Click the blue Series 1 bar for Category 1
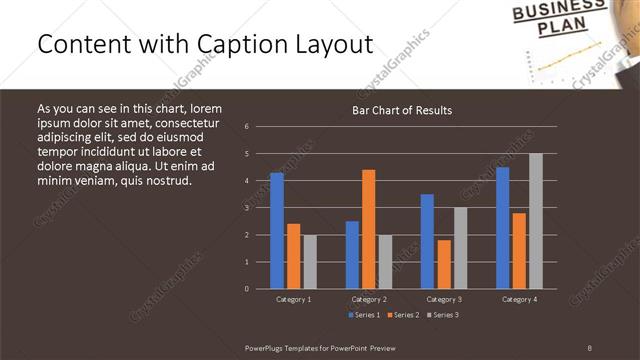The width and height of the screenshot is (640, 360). [277, 231]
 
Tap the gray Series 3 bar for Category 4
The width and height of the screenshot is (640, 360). [536, 221]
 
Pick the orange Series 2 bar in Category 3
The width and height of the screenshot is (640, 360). [444, 264]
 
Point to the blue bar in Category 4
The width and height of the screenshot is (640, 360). [503, 228]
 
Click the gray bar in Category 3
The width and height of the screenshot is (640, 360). [460, 248]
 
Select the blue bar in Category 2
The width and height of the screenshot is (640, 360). [352, 255]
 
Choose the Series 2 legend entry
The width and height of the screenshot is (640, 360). [402, 315]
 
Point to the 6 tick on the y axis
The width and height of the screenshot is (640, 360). [247, 127]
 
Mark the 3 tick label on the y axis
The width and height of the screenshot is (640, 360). [247, 208]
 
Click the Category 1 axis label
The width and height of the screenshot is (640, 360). [293, 299]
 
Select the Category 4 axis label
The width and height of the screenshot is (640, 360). [519, 299]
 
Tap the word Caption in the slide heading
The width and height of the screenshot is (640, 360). [237, 45]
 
